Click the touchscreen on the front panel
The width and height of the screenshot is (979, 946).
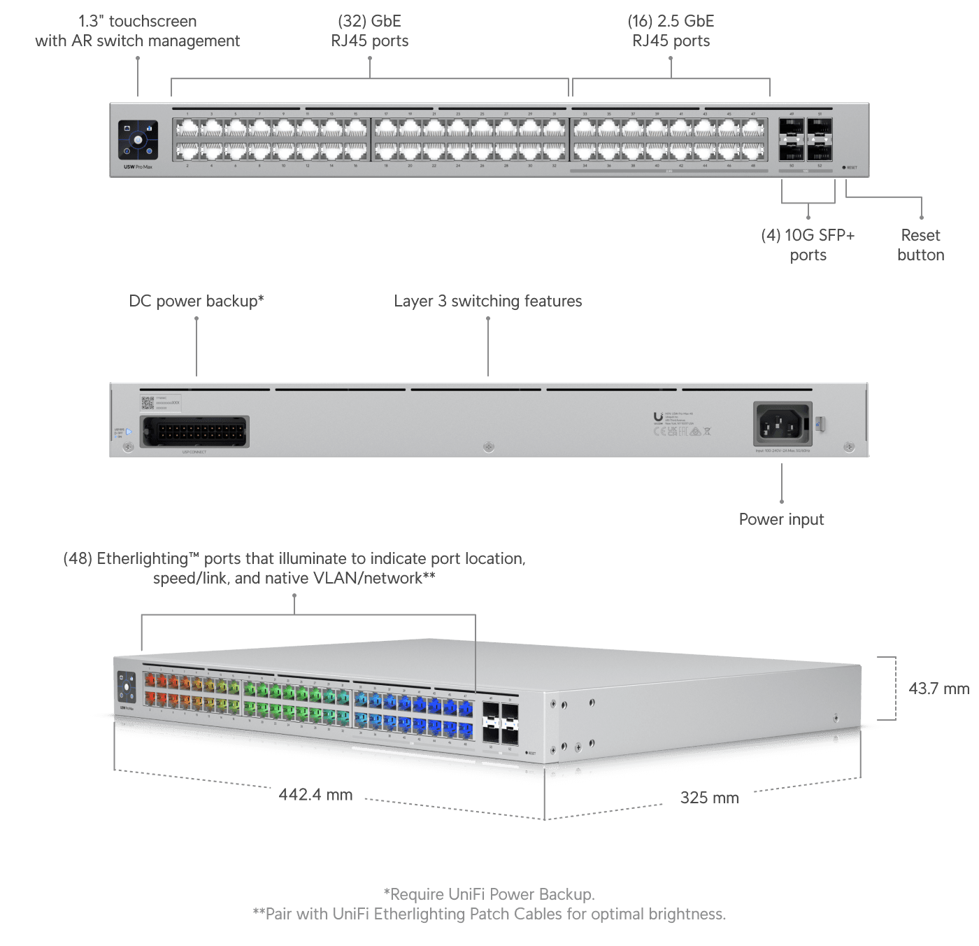pyautogui.click(x=138, y=140)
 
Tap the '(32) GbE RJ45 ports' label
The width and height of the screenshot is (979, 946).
pyautogui.click(x=369, y=31)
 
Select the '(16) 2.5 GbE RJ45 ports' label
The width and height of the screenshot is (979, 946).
pyautogui.click(x=671, y=31)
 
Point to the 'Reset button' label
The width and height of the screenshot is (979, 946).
pyautogui.click(x=920, y=245)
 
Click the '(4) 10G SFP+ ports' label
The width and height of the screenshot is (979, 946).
pyautogui.click(x=808, y=245)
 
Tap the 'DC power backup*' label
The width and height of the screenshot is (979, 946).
pyautogui.click(x=196, y=301)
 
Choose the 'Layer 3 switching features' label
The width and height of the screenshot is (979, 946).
pyautogui.click(x=487, y=301)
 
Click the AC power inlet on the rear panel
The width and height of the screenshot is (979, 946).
pyautogui.click(x=783, y=423)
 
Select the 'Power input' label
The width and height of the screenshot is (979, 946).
pyautogui.click(x=781, y=519)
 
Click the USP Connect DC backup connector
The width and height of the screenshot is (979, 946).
pyautogui.click(x=194, y=432)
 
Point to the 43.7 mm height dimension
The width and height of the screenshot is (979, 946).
pyautogui.click(x=938, y=689)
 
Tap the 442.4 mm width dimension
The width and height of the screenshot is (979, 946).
pyautogui.click(x=315, y=795)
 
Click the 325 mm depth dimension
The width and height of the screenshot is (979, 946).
pyautogui.click(x=709, y=798)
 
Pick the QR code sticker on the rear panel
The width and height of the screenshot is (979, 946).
pyautogui.click(x=148, y=402)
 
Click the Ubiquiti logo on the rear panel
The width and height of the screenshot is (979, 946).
pyautogui.click(x=658, y=418)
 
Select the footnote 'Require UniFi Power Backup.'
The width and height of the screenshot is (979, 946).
pyautogui.click(x=489, y=894)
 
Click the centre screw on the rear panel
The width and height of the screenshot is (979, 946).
pyautogui.click(x=489, y=446)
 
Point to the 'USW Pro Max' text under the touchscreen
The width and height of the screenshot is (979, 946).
pyautogui.click(x=138, y=167)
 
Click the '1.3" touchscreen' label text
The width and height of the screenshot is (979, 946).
pyautogui.click(x=138, y=21)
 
